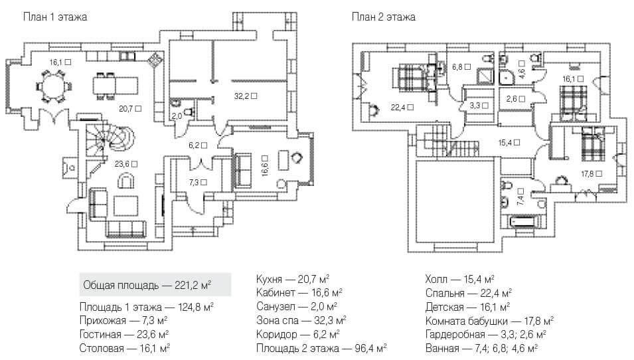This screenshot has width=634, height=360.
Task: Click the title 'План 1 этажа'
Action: [x=55, y=17]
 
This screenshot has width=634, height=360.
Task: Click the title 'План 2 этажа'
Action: [x=383, y=17]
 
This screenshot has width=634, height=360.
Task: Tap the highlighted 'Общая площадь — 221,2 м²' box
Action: [x=155, y=285]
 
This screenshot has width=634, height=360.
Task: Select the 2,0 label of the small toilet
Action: [x=177, y=116]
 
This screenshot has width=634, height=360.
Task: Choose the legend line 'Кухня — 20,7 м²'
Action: [x=293, y=279]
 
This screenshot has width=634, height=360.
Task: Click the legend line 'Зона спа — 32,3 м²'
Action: [x=301, y=321]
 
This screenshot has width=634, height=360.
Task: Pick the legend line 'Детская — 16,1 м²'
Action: [x=468, y=307]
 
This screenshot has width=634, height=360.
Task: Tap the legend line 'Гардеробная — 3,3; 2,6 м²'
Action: [x=486, y=335]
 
